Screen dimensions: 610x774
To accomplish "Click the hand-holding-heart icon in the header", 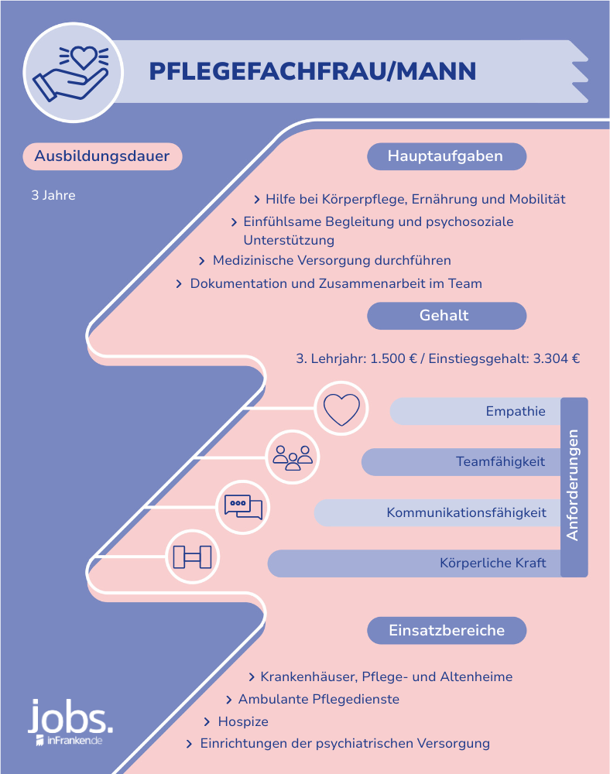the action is (70, 73).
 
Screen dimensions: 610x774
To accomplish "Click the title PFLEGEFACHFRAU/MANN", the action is (313, 71).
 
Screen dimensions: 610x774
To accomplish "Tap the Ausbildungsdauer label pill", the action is (102, 156).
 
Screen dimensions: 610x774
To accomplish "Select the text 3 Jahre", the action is (53, 196).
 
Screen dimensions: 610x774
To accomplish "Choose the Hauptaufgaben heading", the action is (447, 156).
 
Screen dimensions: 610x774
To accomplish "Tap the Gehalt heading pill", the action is (447, 316).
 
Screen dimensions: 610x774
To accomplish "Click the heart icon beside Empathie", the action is (341, 409).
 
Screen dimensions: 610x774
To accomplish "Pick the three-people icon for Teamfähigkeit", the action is (293, 457).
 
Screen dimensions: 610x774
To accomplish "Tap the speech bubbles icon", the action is (243, 507).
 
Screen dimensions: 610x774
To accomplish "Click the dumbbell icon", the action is (193, 557).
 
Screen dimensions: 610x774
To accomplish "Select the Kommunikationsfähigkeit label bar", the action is (437, 513).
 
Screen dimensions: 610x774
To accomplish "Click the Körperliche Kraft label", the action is (492, 563).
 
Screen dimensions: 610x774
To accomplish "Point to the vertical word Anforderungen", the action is (573, 485).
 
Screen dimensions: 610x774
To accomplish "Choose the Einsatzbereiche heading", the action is (447, 630).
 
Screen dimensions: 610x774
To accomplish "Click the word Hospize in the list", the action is (243, 721).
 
